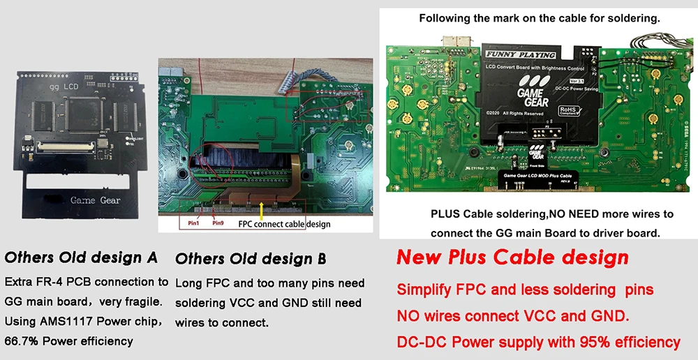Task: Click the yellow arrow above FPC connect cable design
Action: (x=261, y=209)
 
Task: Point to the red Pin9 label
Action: (x=218, y=223)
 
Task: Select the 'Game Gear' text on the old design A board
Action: (x=95, y=200)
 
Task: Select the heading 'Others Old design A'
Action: (x=81, y=257)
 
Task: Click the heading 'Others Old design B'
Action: (x=251, y=259)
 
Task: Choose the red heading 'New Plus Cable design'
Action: (x=512, y=257)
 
